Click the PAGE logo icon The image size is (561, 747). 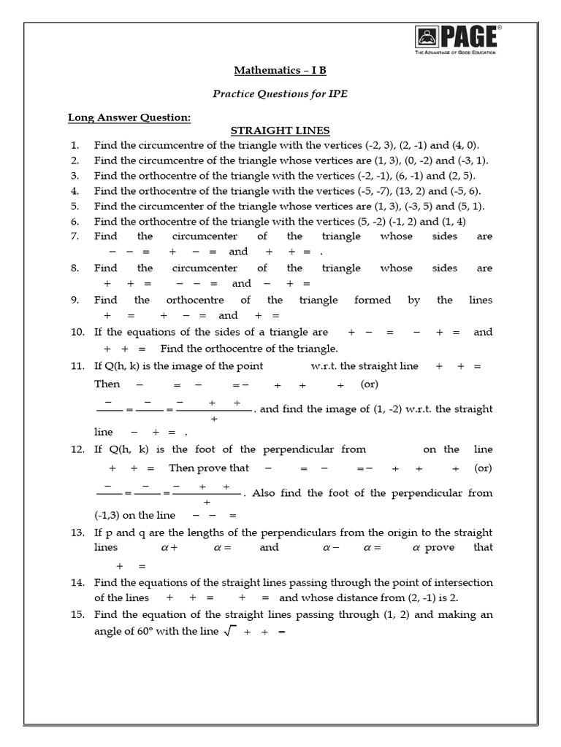pos(426,37)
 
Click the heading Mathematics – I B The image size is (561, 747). pos(280,71)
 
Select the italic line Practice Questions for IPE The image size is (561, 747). pos(280,93)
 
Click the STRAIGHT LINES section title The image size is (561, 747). pos(280,131)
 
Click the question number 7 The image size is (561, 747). pos(75,236)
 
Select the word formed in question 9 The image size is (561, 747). pos(373,300)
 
